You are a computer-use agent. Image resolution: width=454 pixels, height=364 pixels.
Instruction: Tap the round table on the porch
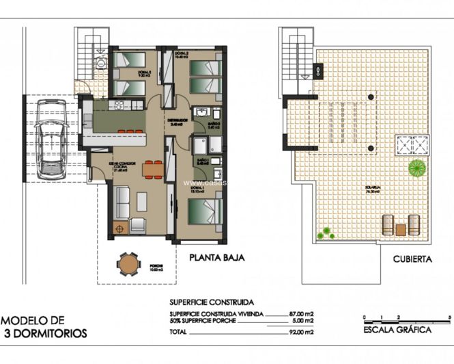126,263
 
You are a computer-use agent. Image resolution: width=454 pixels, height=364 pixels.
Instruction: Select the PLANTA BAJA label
216,259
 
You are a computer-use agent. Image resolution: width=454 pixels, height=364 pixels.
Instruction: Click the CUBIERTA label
412,259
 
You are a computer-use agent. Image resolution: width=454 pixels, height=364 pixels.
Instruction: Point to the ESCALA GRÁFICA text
398,330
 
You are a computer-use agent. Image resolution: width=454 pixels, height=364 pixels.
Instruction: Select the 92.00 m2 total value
300,331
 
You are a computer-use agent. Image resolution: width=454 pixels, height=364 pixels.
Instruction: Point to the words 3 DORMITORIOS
46,334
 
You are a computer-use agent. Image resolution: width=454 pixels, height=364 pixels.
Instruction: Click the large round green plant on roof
415,166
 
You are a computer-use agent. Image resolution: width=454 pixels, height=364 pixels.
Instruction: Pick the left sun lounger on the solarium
388,225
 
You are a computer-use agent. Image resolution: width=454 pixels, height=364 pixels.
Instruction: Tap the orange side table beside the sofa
121,229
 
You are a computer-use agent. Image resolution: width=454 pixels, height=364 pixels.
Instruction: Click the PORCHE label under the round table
127,276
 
